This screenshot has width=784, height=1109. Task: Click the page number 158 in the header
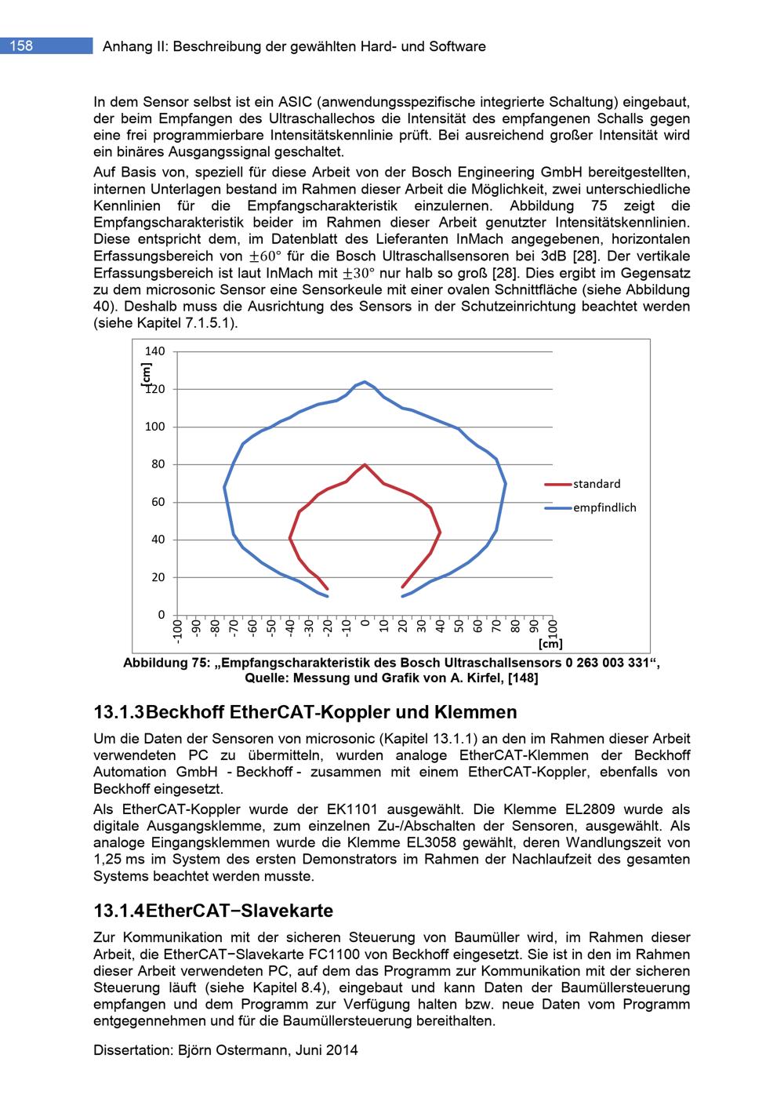pyautogui.click(x=21, y=46)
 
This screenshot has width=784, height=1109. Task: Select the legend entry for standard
pyautogui.click(x=596, y=484)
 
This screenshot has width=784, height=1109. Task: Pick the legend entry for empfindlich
pyautogui.click(x=604, y=507)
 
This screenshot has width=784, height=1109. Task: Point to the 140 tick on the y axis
pyautogui.click(x=155, y=351)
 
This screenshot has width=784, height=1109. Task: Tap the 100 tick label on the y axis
pyautogui.click(x=155, y=427)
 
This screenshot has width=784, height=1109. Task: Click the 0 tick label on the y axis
pyautogui.click(x=162, y=615)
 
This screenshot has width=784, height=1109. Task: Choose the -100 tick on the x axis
pyautogui.click(x=177, y=631)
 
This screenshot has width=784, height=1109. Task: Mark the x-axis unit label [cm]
pyautogui.click(x=550, y=644)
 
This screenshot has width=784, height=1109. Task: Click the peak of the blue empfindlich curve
pyautogui.click(x=365, y=382)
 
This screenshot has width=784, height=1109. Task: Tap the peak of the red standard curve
pyautogui.click(x=365, y=464)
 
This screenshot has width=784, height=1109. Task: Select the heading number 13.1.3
pyautogui.click(x=118, y=713)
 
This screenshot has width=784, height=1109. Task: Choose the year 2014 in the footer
pyautogui.click(x=343, y=1050)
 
